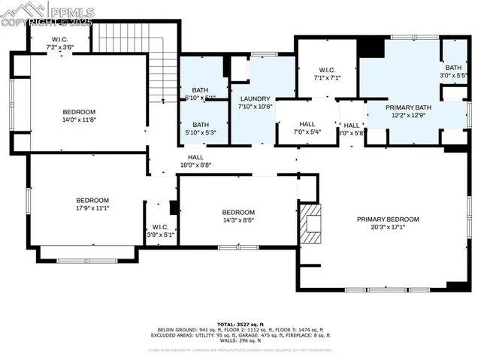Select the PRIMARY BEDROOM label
pyautogui.click(x=388, y=219)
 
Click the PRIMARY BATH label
pyautogui.click(x=408, y=107)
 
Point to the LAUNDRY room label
pyautogui.click(x=255, y=98)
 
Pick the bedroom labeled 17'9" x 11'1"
pyautogui.click(x=92, y=200)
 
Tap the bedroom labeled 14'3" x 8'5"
pyautogui.click(x=237, y=212)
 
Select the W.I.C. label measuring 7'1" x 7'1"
pyautogui.click(x=327, y=69)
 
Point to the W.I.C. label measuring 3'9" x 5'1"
pyautogui.click(x=160, y=227)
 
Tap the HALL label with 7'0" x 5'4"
pyautogui.click(x=307, y=125)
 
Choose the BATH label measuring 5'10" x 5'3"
pyautogui.click(x=201, y=125)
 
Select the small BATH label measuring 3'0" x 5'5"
pyautogui.click(x=453, y=68)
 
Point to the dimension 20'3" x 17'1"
pyautogui.click(x=388, y=226)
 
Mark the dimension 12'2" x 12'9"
pyautogui.click(x=408, y=115)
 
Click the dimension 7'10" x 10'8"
pyautogui.click(x=255, y=106)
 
